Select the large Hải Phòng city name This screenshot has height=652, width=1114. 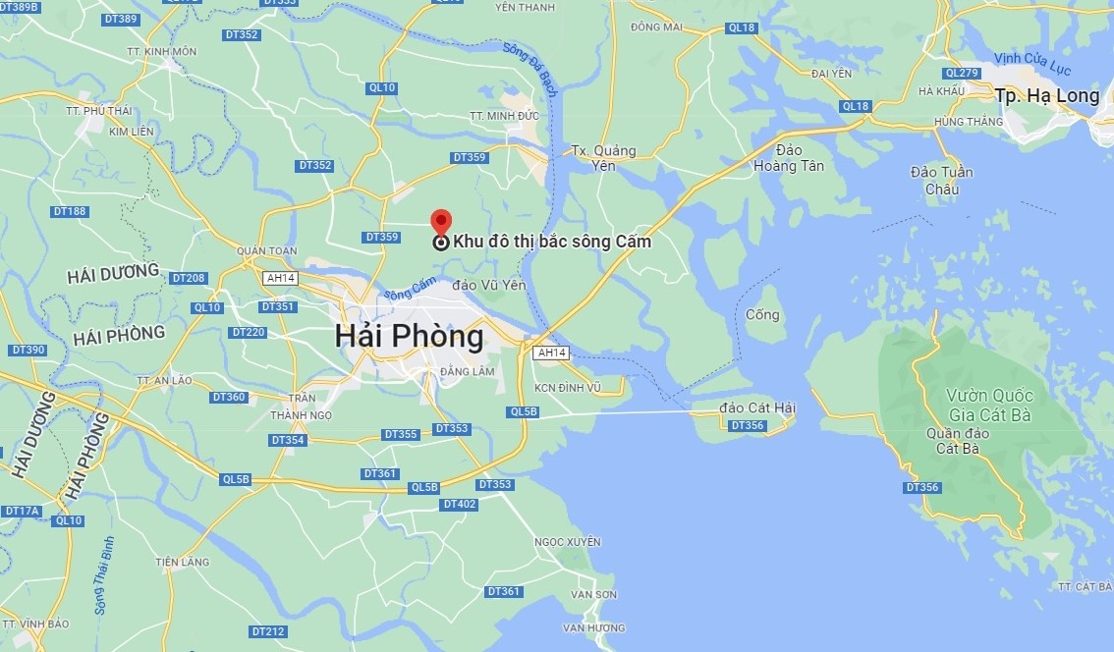click(x=409, y=337)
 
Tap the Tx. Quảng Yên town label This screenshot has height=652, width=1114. click(x=604, y=158)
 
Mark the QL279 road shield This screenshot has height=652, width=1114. click(x=962, y=74)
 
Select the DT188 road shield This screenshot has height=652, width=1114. click(x=71, y=211)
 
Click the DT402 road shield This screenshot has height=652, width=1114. click(x=460, y=505)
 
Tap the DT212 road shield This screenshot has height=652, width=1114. click(x=268, y=631)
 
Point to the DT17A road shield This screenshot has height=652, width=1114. click(x=22, y=511)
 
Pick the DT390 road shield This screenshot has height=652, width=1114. click(x=28, y=351)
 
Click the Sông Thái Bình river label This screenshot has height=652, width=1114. click(x=105, y=575)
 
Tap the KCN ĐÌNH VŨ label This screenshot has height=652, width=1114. click(x=566, y=388)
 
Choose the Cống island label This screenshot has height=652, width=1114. click(x=762, y=315)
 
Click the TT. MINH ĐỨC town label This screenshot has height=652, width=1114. click(x=505, y=116)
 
